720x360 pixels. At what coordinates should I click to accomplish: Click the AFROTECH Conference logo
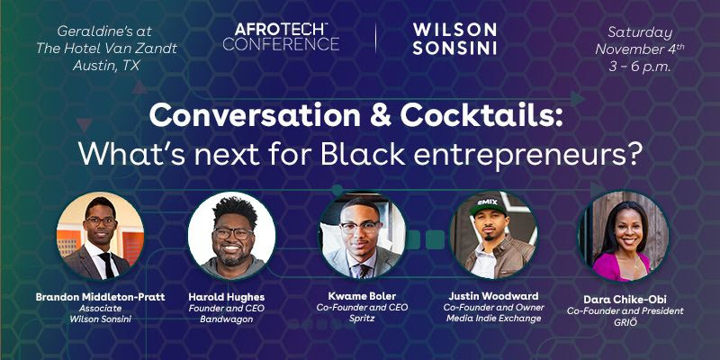point(281,37)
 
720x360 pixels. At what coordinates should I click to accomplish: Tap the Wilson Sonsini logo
point(454,39)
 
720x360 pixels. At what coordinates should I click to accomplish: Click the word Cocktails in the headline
point(481,117)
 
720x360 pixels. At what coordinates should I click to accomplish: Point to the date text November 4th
point(640,49)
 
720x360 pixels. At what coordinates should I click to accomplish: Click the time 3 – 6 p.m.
point(640,67)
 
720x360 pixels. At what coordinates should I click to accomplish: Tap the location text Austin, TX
point(106,66)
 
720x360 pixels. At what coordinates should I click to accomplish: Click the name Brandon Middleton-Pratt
point(101,297)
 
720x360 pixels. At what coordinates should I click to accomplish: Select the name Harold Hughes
point(227,297)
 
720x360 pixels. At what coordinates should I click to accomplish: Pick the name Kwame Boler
point(362,296)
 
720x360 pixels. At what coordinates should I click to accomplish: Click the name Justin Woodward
point(493,296)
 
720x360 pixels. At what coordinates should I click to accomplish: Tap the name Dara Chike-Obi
point(625,300)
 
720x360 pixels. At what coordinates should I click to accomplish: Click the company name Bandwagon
point(227,319)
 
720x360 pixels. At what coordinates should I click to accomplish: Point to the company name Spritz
point(362,319)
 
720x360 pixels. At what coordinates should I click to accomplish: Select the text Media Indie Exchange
point(493,318)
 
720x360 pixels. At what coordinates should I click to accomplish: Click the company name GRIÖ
point(625,321)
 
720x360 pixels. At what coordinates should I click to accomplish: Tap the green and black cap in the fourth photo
point(488,206)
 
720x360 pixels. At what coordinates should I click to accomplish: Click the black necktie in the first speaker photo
point(107,265)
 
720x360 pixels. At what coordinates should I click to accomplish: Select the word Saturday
point(640,32)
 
